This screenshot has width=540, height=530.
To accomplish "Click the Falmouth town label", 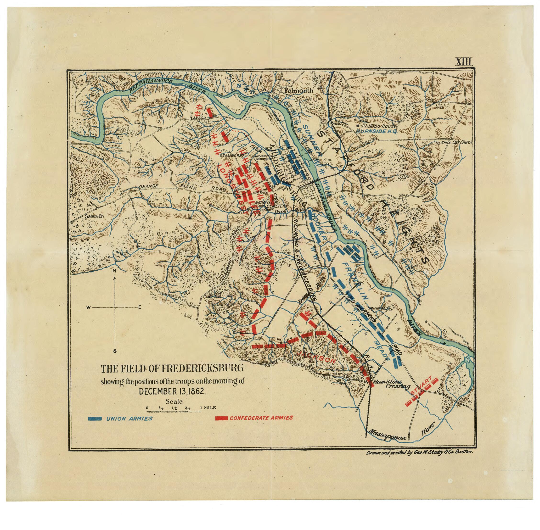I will [x=299, y=91].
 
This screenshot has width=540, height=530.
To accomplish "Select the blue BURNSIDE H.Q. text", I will [x=376, y=131].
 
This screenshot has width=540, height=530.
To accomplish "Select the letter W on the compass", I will [x=88, y=307].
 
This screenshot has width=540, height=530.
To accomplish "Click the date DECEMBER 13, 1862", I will [x=172, y=391].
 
